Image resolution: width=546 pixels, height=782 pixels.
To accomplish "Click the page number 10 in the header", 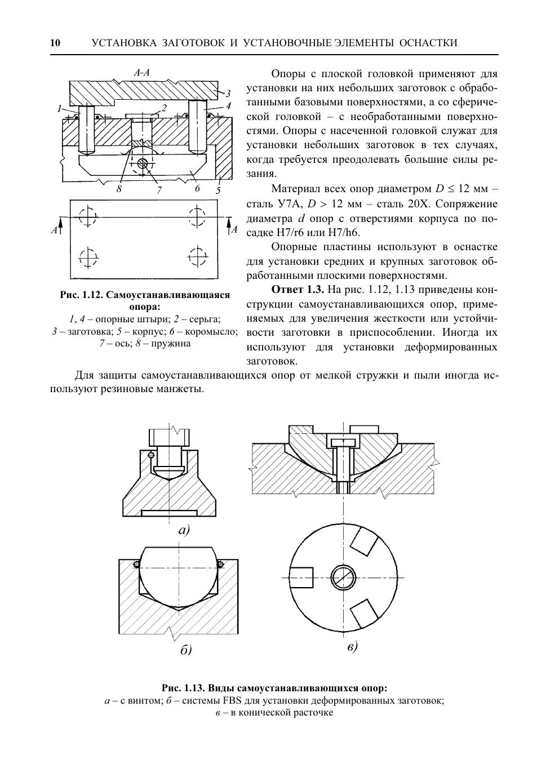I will [x=55, y=43].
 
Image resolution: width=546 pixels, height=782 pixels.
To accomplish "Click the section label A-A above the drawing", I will [x=141, y=73].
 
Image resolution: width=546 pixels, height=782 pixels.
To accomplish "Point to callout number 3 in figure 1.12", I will [x=228, y=94].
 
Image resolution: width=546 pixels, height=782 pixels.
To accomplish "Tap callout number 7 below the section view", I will [x=159, y=190].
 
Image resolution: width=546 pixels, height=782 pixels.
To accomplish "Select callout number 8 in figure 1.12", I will [x=119, y=189].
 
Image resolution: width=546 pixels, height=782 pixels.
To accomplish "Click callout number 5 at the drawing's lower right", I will [x=218, y=190].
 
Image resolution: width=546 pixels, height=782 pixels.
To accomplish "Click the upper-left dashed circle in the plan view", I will [x=88, y=216].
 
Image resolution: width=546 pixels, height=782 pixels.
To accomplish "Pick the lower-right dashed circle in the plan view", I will [x=197, y=256].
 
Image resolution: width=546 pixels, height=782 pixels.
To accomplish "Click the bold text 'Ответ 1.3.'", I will [x=298, y=290].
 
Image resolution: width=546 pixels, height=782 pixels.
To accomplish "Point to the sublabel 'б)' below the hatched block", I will [x=186, y=650].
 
